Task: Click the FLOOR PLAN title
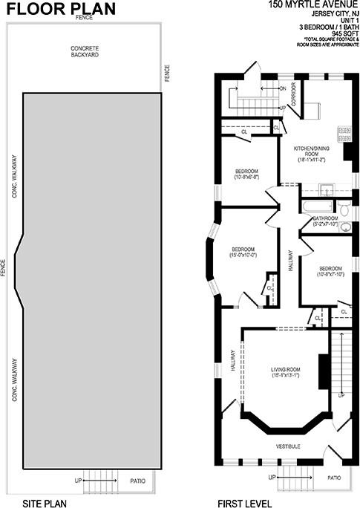coord(51,9)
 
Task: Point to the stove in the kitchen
coord(344,134)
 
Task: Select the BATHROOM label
coord(325,221)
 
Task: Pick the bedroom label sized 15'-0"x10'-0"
coord(243,252)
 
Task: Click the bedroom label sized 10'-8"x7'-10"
coord(330,271)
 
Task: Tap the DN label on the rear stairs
coord(283,88)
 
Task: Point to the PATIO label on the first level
coord(335,478)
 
